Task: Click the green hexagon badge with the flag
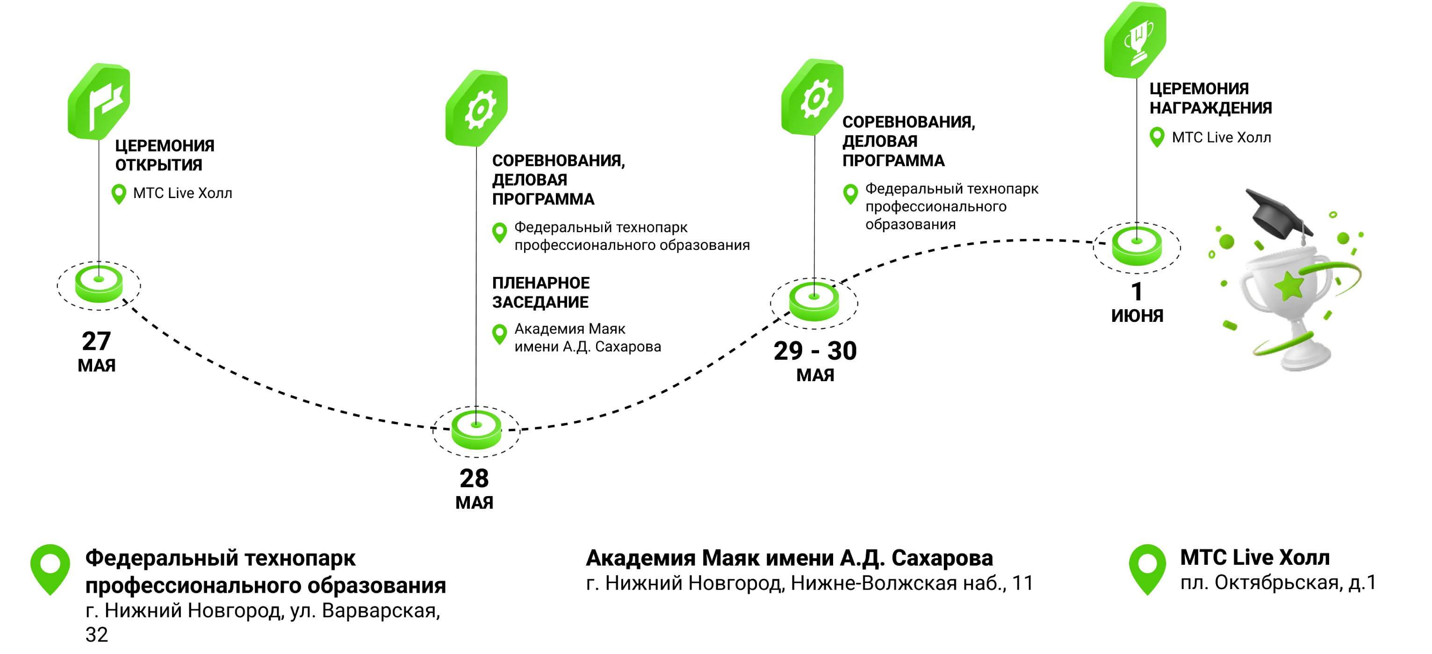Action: [99, 102]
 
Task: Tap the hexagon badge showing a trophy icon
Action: [1135, 40]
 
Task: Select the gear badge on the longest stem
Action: [476, 108]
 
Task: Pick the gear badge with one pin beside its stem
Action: [813, 97]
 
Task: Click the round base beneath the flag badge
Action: [99, 284]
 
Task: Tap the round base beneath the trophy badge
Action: [1137, 246]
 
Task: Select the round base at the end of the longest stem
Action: [476, 429]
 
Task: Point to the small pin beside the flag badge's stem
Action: [119, 194]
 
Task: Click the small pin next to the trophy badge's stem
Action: [1157, 137]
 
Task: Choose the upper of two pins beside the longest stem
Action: [500, 232]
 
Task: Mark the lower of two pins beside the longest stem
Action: [500, 334]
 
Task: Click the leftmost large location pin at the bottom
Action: [50, 569]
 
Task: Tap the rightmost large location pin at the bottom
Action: [1147, 569]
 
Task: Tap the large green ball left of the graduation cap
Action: [1227, 242]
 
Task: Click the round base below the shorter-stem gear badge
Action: [814, 302]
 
